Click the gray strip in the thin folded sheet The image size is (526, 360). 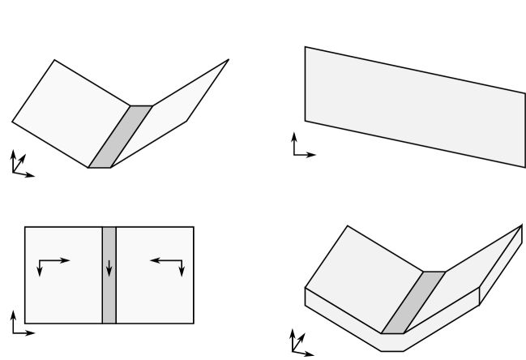120,136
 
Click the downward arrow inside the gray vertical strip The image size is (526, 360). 109,268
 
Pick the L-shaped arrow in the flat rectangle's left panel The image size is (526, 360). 51,264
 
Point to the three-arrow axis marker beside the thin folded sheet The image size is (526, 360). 19,165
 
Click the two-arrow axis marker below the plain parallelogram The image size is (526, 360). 301,147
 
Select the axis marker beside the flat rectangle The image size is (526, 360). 20,324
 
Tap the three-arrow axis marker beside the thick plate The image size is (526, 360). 299,345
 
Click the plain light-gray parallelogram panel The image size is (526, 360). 414,106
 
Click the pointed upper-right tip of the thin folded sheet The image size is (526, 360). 227,61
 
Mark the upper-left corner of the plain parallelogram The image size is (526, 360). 306,47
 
